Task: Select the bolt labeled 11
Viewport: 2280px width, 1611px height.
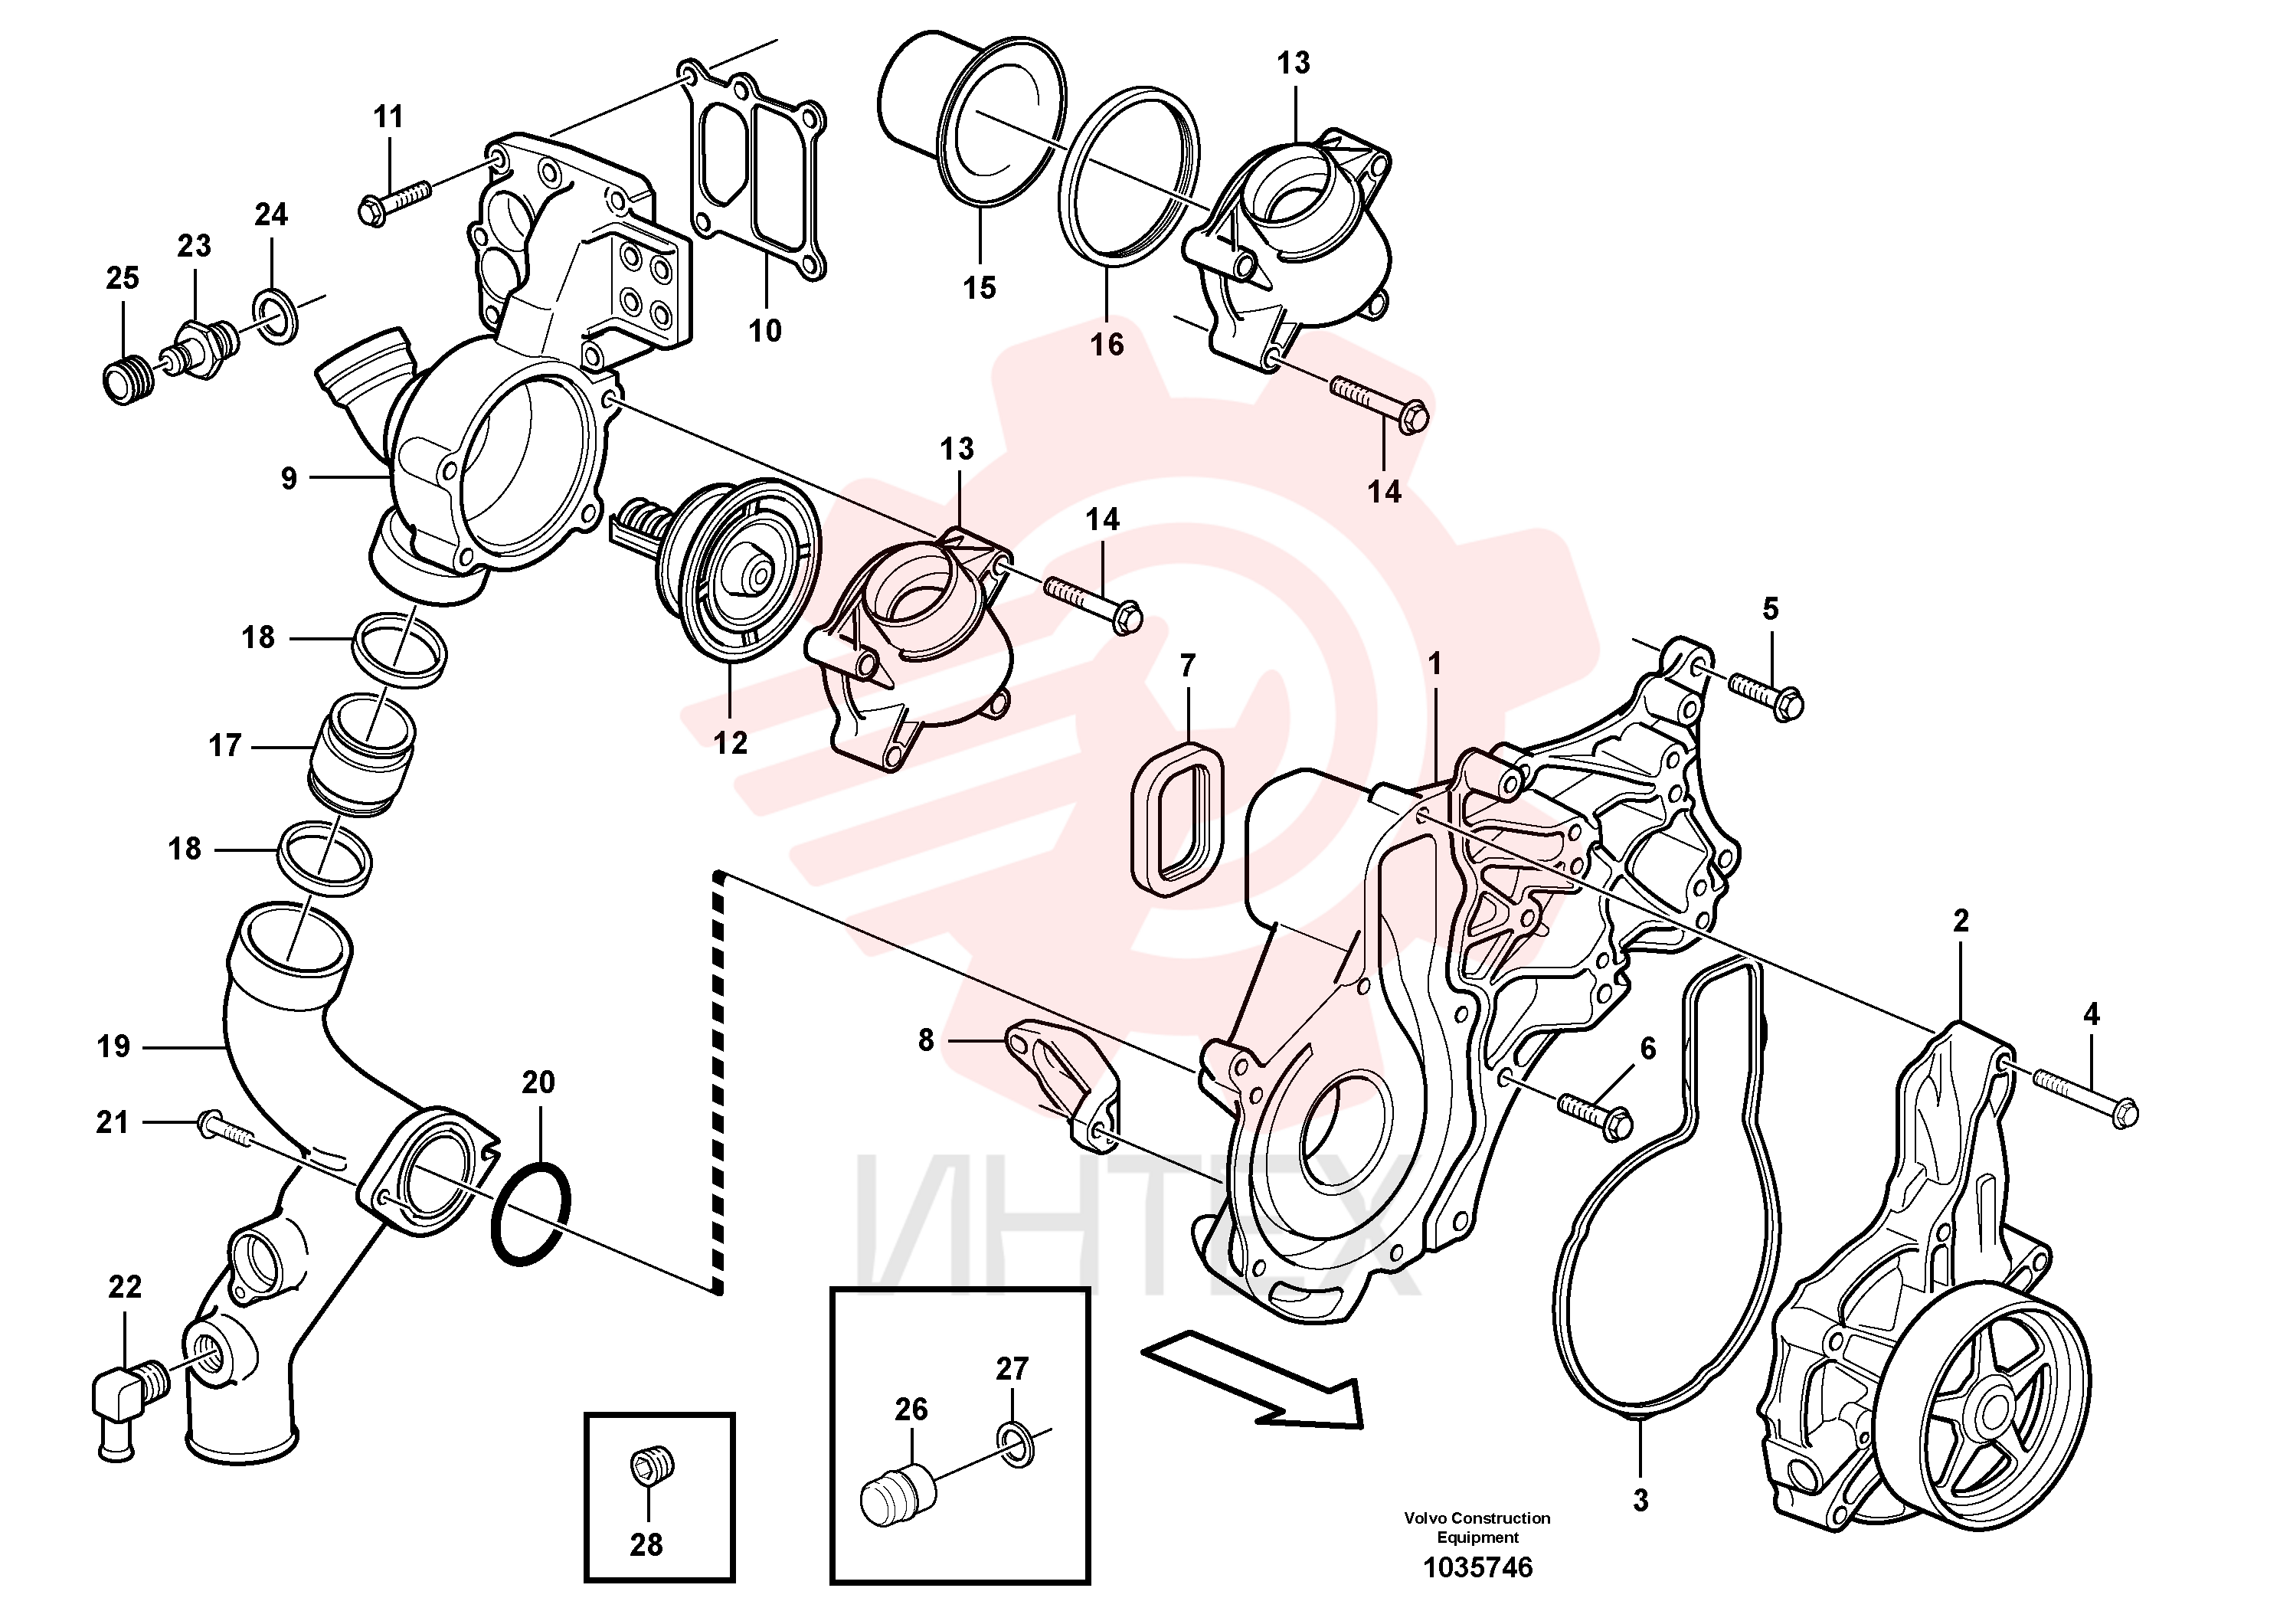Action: [393, 201]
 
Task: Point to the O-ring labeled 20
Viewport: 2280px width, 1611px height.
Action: [532, 1213]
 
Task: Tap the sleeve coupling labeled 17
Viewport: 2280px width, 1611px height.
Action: [362, 758]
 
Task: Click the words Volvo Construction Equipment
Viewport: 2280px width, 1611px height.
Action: [1477, 1527]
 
